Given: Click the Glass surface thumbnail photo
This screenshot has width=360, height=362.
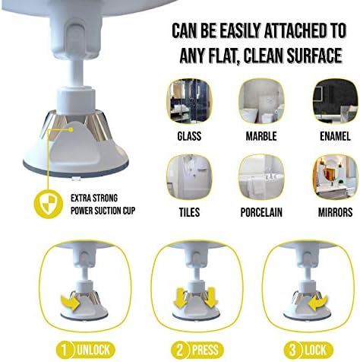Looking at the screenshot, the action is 189,101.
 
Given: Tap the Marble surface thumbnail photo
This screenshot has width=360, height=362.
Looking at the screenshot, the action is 261,101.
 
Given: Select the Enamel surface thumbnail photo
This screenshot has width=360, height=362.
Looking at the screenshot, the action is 335,101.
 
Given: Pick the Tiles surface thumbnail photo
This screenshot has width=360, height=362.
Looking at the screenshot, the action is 189,177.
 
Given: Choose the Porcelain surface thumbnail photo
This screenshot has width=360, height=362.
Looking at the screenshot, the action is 261,177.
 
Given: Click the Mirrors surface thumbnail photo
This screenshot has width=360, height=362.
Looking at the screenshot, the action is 335,177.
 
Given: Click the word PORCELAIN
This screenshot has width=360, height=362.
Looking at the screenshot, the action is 261,212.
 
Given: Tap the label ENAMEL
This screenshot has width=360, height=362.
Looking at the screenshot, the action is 335,136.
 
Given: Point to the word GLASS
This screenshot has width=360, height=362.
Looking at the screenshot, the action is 189,136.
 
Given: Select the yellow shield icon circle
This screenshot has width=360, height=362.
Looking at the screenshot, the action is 49,204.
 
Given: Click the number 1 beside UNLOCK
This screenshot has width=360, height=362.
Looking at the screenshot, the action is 65,350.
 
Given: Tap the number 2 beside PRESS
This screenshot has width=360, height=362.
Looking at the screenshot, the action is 179,350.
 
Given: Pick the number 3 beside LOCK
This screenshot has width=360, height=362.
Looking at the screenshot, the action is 292,350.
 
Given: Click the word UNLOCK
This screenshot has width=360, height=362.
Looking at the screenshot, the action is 93,350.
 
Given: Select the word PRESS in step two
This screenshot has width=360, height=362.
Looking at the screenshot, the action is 205,350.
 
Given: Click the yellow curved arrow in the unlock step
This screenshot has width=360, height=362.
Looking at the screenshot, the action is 71,302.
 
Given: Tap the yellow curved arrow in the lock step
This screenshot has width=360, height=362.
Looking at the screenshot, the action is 318,303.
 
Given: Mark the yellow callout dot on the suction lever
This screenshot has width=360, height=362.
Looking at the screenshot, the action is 71,129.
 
